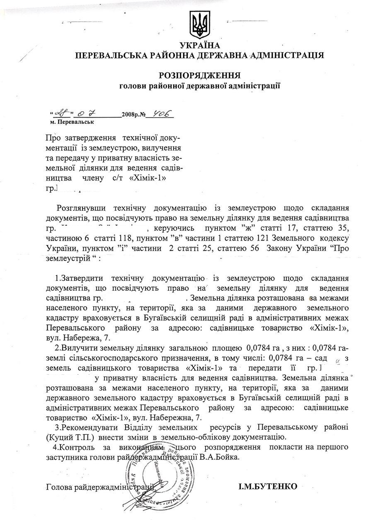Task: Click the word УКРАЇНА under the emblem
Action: (x=199, y=46)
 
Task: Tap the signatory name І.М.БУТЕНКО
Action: (x=268, y=486)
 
